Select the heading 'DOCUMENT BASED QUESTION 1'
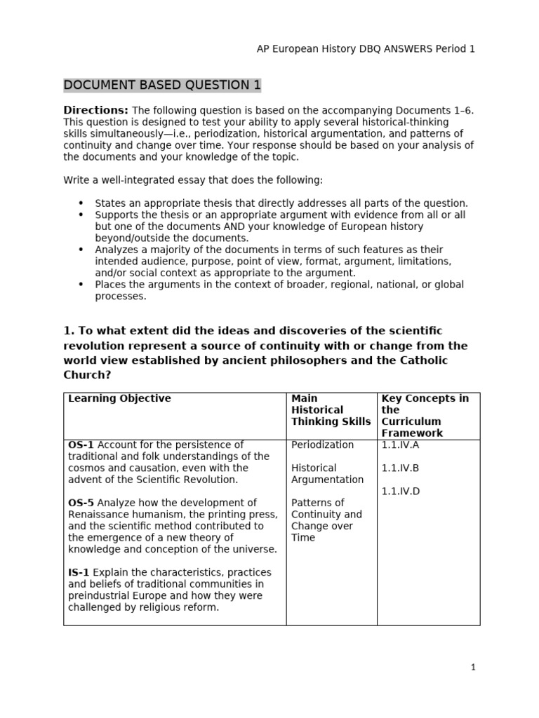pyautogui.click(x=162, y=86)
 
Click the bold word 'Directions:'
pyautogui.click(x=96, y=110)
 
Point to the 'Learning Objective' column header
pyautogui.click(x=119, y=398)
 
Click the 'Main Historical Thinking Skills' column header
pyautogui.click(x=331, y=409)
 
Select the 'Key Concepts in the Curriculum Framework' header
pyautogui.click(x=425, y=415)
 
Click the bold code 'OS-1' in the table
pyautogui.click(x=81, y=445)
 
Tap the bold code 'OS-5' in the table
pyautogui.click(x=81, y=503)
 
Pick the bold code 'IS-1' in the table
pyautogui.click(x=79, y=572)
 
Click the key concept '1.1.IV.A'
pyautogui.click(x=401, y=445)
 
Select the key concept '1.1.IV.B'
pyautogui.click(x=401, y=468)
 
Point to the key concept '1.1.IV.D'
pyautogui.click(x=401, y=491)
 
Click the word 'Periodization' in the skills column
pyautogui.click(x=322, y=445)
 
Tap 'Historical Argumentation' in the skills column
pyautogui.click(x=327, y=473)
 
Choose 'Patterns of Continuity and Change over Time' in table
pyautogui.click(x=327, y=520)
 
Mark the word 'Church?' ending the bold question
pyautogui.click(x=87, y=374)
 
